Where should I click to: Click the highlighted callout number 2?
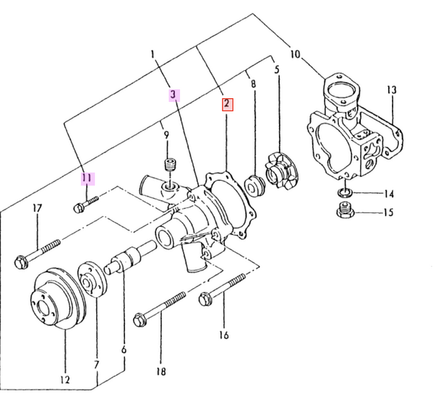[x=226, y=104]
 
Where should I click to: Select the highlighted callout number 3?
[x=173, y=94]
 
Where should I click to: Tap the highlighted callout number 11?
[x=87, y=177]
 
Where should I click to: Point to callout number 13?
[x=391, y=90]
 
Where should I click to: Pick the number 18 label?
[x=161, y=372]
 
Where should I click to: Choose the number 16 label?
[x=223, y=335]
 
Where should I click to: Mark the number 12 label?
[x=64, y=379]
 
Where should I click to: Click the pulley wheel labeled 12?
[x=57, y=298]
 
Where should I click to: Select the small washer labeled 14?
[x=346, y=193]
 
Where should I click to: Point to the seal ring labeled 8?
[x=254, y=184]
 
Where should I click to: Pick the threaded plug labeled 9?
[x=171, y=168]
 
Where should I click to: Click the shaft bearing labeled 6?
[x=129, y=259]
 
